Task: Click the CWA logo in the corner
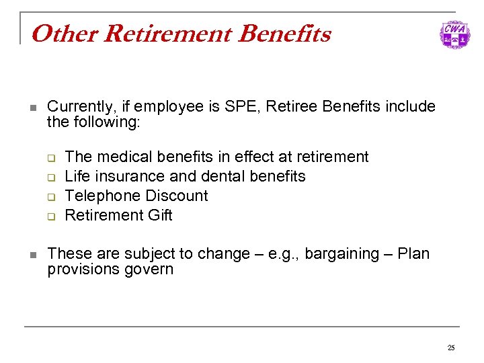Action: tap(454, 34)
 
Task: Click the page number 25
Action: tap(451, 348)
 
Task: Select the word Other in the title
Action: tap(54, 34)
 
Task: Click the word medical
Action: tap(122, 157)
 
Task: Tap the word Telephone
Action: tap(101, 196)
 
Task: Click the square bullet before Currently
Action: tap(31, 108)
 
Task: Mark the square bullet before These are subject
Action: tap(31, 255)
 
